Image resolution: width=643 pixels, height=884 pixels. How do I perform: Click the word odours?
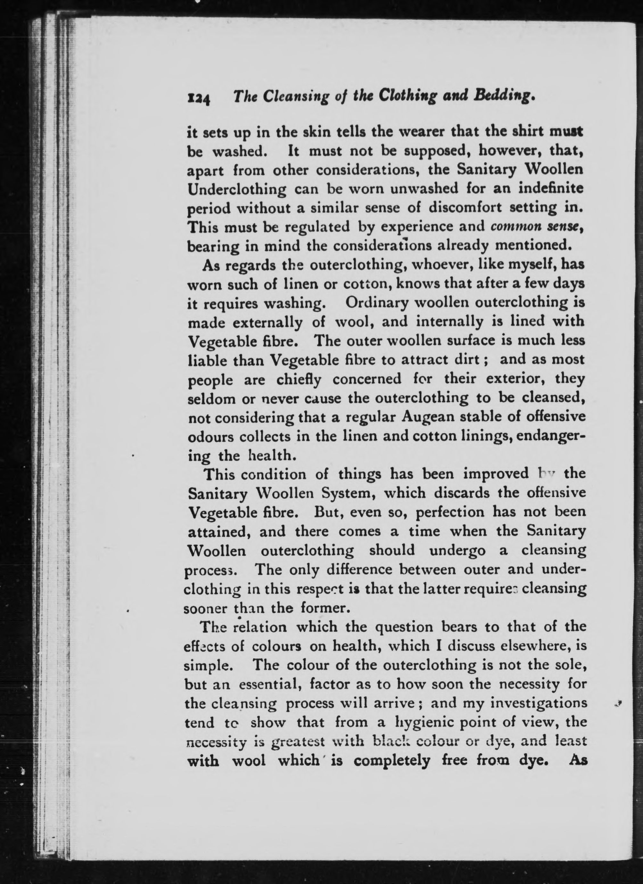click(x=209, y=437)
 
